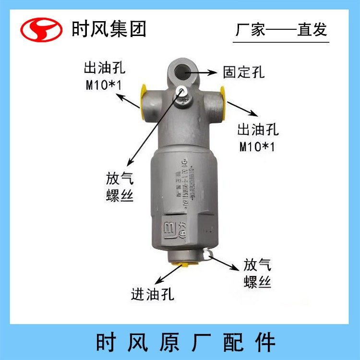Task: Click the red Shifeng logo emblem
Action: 41,30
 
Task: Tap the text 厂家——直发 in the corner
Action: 281,30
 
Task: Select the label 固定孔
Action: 244,72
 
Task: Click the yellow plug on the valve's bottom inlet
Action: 183,264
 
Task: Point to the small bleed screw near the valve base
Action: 207,253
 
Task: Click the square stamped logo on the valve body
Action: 170,228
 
